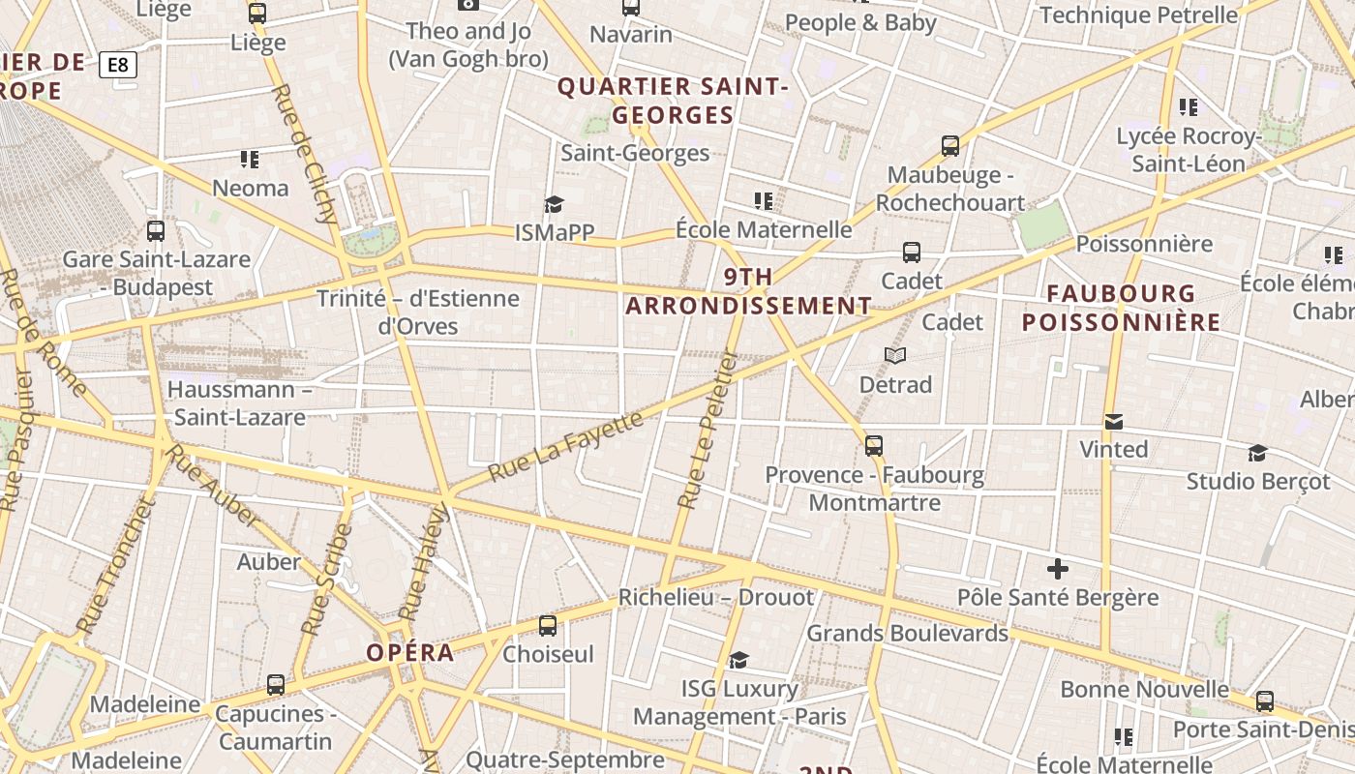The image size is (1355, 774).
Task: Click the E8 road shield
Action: click(118, 65)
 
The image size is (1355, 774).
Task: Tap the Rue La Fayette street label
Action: click(566, 446)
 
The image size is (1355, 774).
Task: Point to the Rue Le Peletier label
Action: click(708, 430)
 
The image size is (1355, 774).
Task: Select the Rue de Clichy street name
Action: click(305, 154)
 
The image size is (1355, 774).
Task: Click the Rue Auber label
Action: click(212, 487)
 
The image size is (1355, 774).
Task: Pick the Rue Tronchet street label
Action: click(115, 565)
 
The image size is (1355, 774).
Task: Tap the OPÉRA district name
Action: click(410, 652)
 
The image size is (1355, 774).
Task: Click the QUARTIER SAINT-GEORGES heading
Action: click(674, 101)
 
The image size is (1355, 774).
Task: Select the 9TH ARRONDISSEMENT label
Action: click(748, 291)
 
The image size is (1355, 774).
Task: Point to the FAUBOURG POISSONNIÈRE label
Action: click(1121, 307)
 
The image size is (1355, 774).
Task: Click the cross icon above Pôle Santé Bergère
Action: click(1058, 569)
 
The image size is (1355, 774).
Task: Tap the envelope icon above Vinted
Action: click(1114, 422)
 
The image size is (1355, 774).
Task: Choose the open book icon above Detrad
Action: click(895, 356)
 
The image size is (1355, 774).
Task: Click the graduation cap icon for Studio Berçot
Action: click(1257, 453)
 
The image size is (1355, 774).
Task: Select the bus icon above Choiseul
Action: click(548, 626)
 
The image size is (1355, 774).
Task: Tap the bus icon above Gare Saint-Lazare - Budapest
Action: click(156, 231)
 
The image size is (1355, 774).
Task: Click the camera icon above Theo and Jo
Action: click(468, 4)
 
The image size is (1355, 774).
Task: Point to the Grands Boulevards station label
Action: click(908, 633)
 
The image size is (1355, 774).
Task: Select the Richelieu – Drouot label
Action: click(716, 597)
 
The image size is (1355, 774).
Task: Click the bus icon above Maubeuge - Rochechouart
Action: click(950, 146)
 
